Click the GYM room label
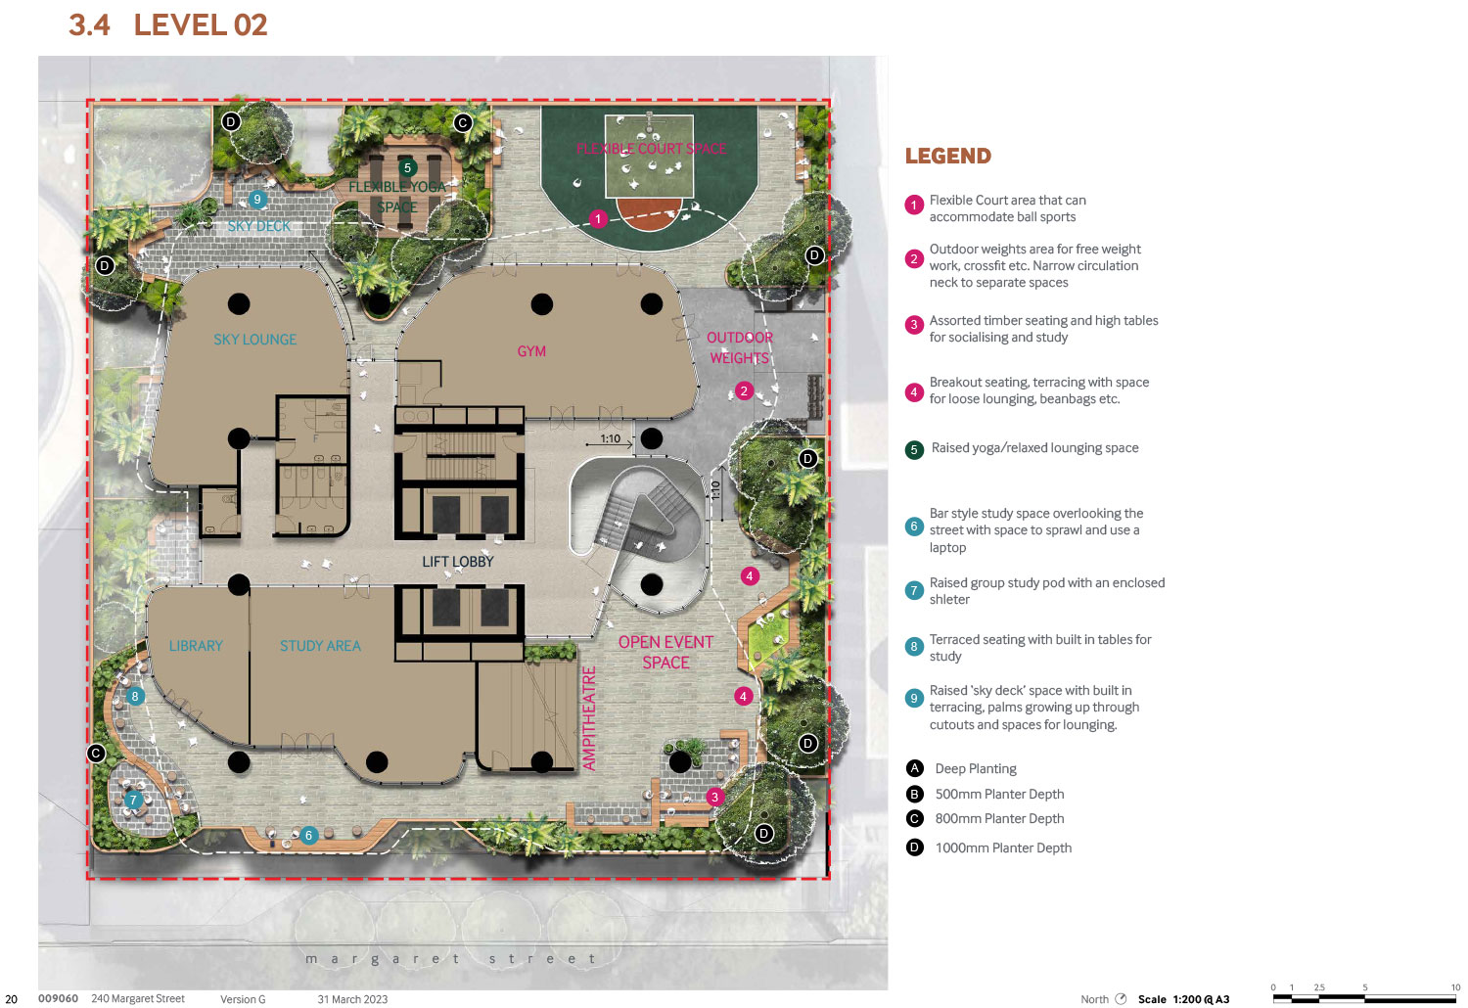(530, 351)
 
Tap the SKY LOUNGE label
(254, 340)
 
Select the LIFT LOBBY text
(457, 562)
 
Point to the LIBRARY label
(196, 646)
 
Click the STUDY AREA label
(320, 646)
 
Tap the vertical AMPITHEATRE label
(589, 718)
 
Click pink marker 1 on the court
(598, 219)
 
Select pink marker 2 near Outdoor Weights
(743, 391)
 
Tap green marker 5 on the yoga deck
(407, 167)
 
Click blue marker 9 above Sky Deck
(256, 200)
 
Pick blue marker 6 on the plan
(308, 836)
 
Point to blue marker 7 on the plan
(133, 800)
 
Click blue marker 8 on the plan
(135, 696)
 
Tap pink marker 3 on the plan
(714, 797)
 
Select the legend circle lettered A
(914, 768)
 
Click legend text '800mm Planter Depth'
(999, 818)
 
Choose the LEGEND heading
(947, 156)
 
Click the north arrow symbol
(1121, 999)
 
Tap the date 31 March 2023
(352, 999)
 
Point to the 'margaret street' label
(451, 959)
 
